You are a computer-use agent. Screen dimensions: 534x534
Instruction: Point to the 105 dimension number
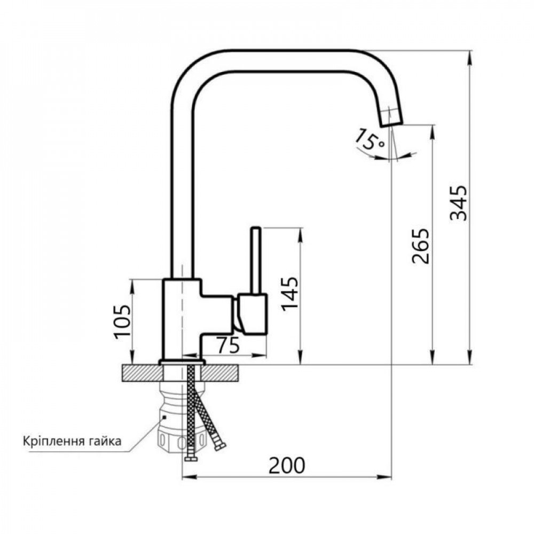pos(122,321)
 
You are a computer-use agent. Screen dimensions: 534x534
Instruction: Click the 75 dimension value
pos(228,347)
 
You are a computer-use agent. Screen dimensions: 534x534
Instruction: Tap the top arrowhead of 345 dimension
pos(470,56)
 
